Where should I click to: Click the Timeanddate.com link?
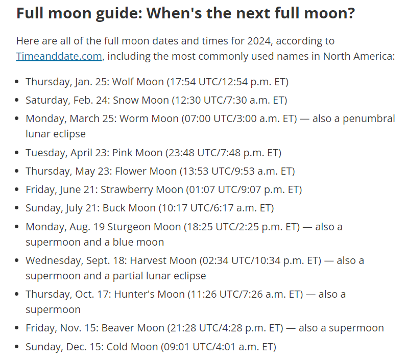pos(59,56)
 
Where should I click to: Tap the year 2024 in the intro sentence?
pos(258,41)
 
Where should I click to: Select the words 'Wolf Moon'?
pos(138,82)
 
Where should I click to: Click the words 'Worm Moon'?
pos(149,118)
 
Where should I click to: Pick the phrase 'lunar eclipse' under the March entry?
pos(56,134)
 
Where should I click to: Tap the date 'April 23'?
pos(89,153)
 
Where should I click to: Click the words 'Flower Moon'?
pos(146,171)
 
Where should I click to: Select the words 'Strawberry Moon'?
pos(142,190)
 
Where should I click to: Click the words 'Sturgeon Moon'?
pos(144,227)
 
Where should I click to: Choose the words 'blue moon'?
pos(138,242)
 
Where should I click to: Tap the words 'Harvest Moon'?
pos(163,260)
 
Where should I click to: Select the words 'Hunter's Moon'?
pos(149,294)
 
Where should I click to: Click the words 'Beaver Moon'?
pos(133,328)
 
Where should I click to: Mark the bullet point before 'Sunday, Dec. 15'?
pos(17,347)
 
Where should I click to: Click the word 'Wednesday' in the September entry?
pos(54,260)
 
